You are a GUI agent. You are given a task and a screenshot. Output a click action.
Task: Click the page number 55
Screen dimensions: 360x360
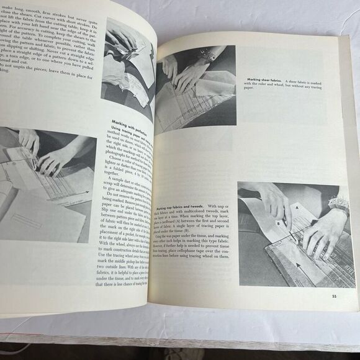(x=335, y=285)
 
